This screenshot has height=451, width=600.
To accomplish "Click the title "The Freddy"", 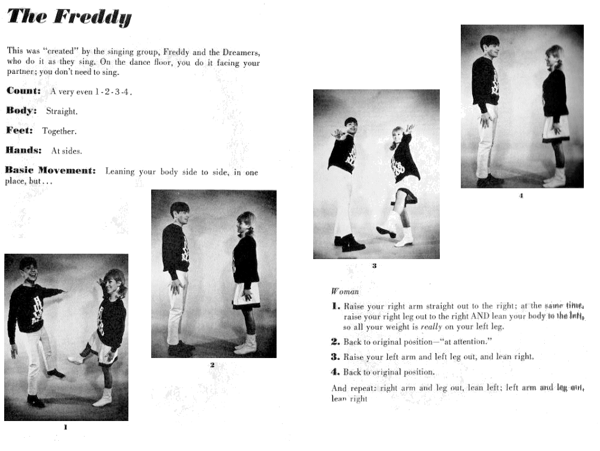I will click(x=68, y=17).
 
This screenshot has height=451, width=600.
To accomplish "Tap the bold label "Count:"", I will click(x=23, y=91).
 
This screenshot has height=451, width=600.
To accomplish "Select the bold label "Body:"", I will click(x=22, y=111).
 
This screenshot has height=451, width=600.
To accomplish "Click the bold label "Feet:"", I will click(x=20, y=131).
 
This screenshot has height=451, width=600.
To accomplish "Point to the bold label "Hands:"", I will click(x=23, y=151).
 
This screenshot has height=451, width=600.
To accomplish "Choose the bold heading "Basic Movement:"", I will click(x=50, y=171).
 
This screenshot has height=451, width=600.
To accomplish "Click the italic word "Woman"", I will click(x=345, y=291).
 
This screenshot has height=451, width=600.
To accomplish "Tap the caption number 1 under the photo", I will click(x=65, y=427).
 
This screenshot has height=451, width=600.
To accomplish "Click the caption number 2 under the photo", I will click(x=212, y=364).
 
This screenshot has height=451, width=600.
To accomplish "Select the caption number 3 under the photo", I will click(x=374, y=265).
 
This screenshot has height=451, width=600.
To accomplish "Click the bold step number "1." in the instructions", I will click(x=336, y=306).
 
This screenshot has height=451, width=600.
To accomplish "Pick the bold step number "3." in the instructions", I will click(x=336, y=356).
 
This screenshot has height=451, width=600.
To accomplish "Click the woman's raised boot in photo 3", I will click(x=386, y=231).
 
